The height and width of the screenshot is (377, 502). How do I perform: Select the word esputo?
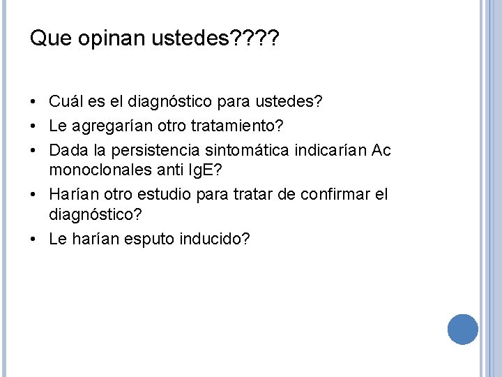coord(144,239)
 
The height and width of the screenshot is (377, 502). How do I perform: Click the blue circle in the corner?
coord(462,329)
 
